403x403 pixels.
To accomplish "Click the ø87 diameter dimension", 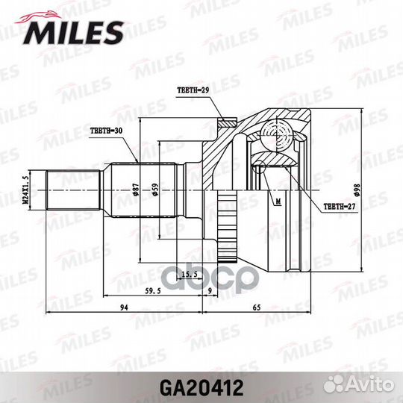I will (137, 190).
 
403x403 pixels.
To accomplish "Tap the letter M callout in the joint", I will (277, 201).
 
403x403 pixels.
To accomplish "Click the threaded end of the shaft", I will (75, 190).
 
